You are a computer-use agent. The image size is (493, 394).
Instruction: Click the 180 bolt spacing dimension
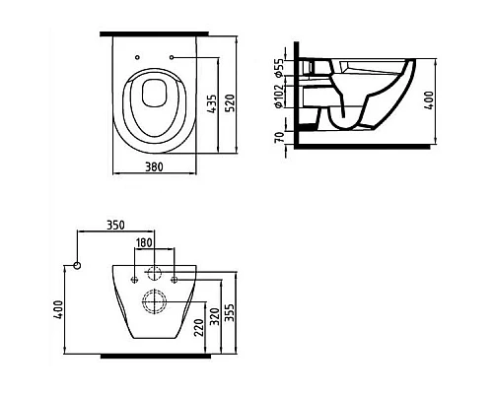(145, 242)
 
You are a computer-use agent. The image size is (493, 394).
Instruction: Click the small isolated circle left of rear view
(77, 266)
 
